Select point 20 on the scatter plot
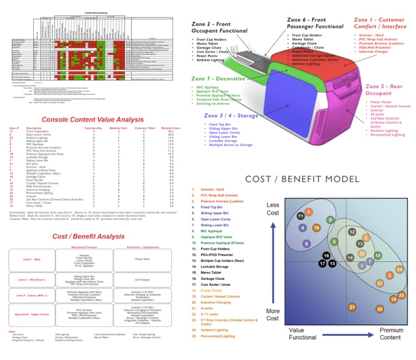coord(380,309)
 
